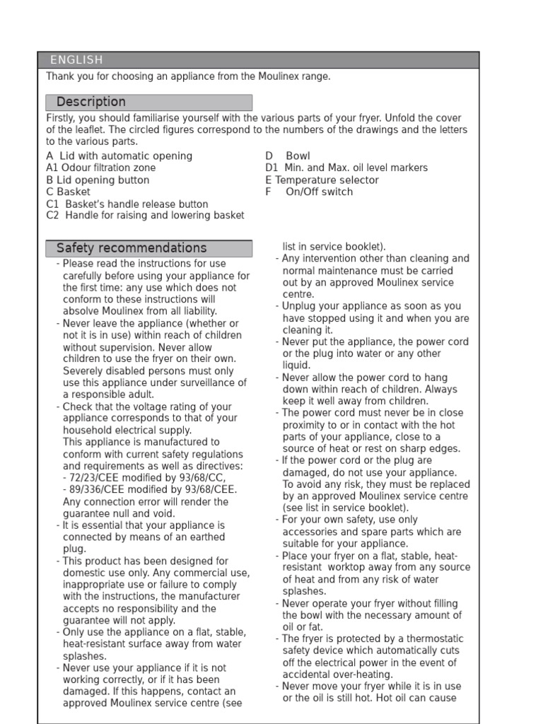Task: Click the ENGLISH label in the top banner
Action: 76,60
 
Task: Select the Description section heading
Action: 90,102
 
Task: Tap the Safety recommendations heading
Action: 132,248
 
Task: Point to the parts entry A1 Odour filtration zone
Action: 100,168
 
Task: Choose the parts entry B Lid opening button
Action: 98,180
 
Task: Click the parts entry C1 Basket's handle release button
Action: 127,204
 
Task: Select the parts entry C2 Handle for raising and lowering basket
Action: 145,216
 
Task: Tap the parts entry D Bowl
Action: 288,156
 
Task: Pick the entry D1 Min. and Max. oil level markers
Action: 346,168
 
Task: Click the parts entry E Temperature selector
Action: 322,180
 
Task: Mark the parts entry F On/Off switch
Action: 309,192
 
